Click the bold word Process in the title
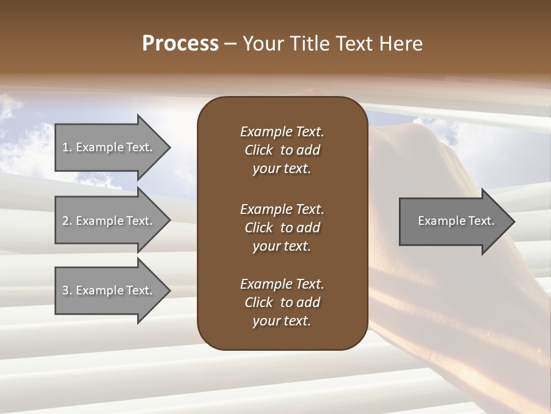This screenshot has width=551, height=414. [x=180, y=44]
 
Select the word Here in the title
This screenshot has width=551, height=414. [x=401, y=44]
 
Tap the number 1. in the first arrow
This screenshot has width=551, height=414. [x=67, y=147]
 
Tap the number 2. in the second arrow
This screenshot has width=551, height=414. [x=67, y=221]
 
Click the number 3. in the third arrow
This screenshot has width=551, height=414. [x=67, y=290]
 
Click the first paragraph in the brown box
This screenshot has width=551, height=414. [x=282, y=150]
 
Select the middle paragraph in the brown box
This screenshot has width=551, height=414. [x=282, y=227]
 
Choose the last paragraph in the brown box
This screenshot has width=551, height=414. [x=282, y=302]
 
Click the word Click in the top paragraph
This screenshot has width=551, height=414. [x=259, y=150]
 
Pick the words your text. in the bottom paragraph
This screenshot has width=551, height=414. [x=282, y=321]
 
